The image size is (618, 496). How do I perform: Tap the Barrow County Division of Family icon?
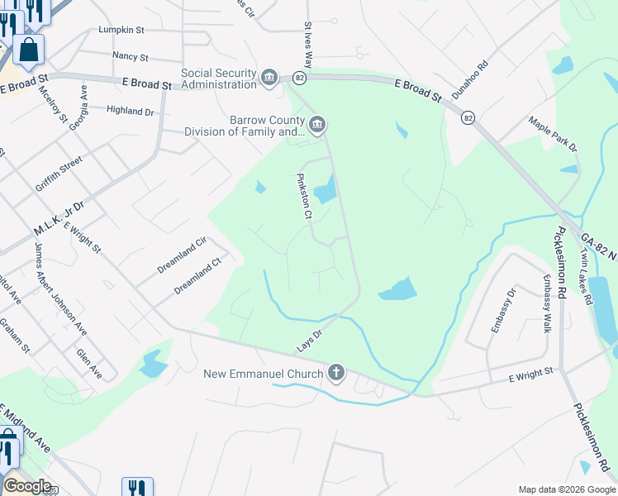(318, 125)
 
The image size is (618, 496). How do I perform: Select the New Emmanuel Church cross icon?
(335, 373)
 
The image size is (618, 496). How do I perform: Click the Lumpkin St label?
(121, 30)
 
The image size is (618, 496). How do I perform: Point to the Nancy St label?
(130, 58)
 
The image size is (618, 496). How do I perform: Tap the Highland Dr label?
(131, 110)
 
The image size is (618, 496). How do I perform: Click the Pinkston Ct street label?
(303, 196)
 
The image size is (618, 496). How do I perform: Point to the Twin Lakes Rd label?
(586, 276)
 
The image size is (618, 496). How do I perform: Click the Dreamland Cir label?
(181, 256)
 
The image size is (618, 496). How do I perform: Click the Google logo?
(26, 486)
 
